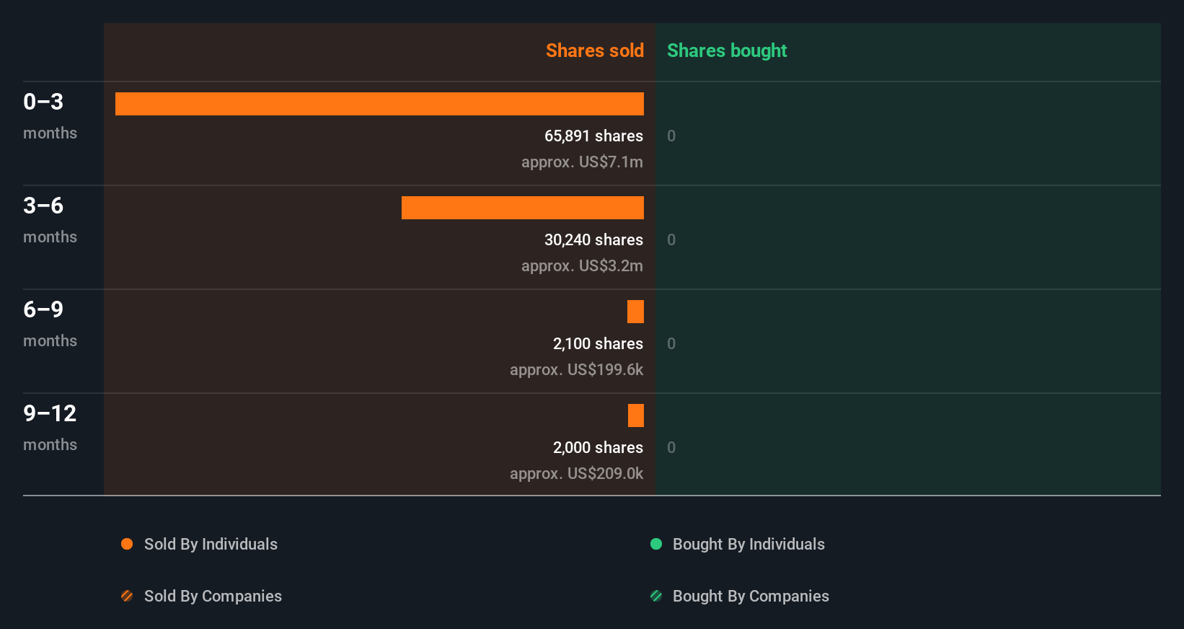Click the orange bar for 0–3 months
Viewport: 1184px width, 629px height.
pyautogui.click(x=379, y=104)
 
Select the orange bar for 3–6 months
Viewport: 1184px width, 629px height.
pyautogui.click(x=522, y=208)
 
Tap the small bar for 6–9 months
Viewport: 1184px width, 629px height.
pyautogui.click(x=635, y=312)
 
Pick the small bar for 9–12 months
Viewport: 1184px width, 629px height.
pyautogui.click(x=635, y=415)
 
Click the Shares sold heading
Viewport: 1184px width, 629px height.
pyautogui.click(x=594, y=50)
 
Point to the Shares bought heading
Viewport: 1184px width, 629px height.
pyautogui.click(x=726, y=50)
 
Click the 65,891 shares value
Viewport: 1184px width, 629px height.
pyautogui.click(x=593, y=136)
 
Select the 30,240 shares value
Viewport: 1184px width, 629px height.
pyautogui.click(x=593, y=239)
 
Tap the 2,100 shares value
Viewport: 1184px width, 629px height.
pyautogui.click(x=598, y=343)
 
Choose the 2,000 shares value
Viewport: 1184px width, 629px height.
pyautogui.click(x=598, y=447)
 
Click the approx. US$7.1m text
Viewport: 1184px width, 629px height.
pyautogui.click(x=582, y=162)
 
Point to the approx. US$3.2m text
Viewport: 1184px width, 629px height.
pyautogui.click(x=582, y=265)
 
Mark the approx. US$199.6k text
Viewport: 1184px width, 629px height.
pyautogui.click(x=576, y=369)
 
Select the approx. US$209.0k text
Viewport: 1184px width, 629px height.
pyautogui.click(x=576, y=473)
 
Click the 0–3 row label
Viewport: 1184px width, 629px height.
pyautogui.click(x=43, y=102)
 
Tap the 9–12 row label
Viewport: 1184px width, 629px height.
pyautogui.click(x=50, y=413)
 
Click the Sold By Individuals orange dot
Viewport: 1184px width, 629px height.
pyautogui.click(x=127, y=544)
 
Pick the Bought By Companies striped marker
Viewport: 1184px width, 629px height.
pyautogui.click(x=656, y=596)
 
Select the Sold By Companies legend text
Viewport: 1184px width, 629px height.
pyautogui.click(x=213, y=596)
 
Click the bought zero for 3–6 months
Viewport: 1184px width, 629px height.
pyautogui.click(x=671, y=239)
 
